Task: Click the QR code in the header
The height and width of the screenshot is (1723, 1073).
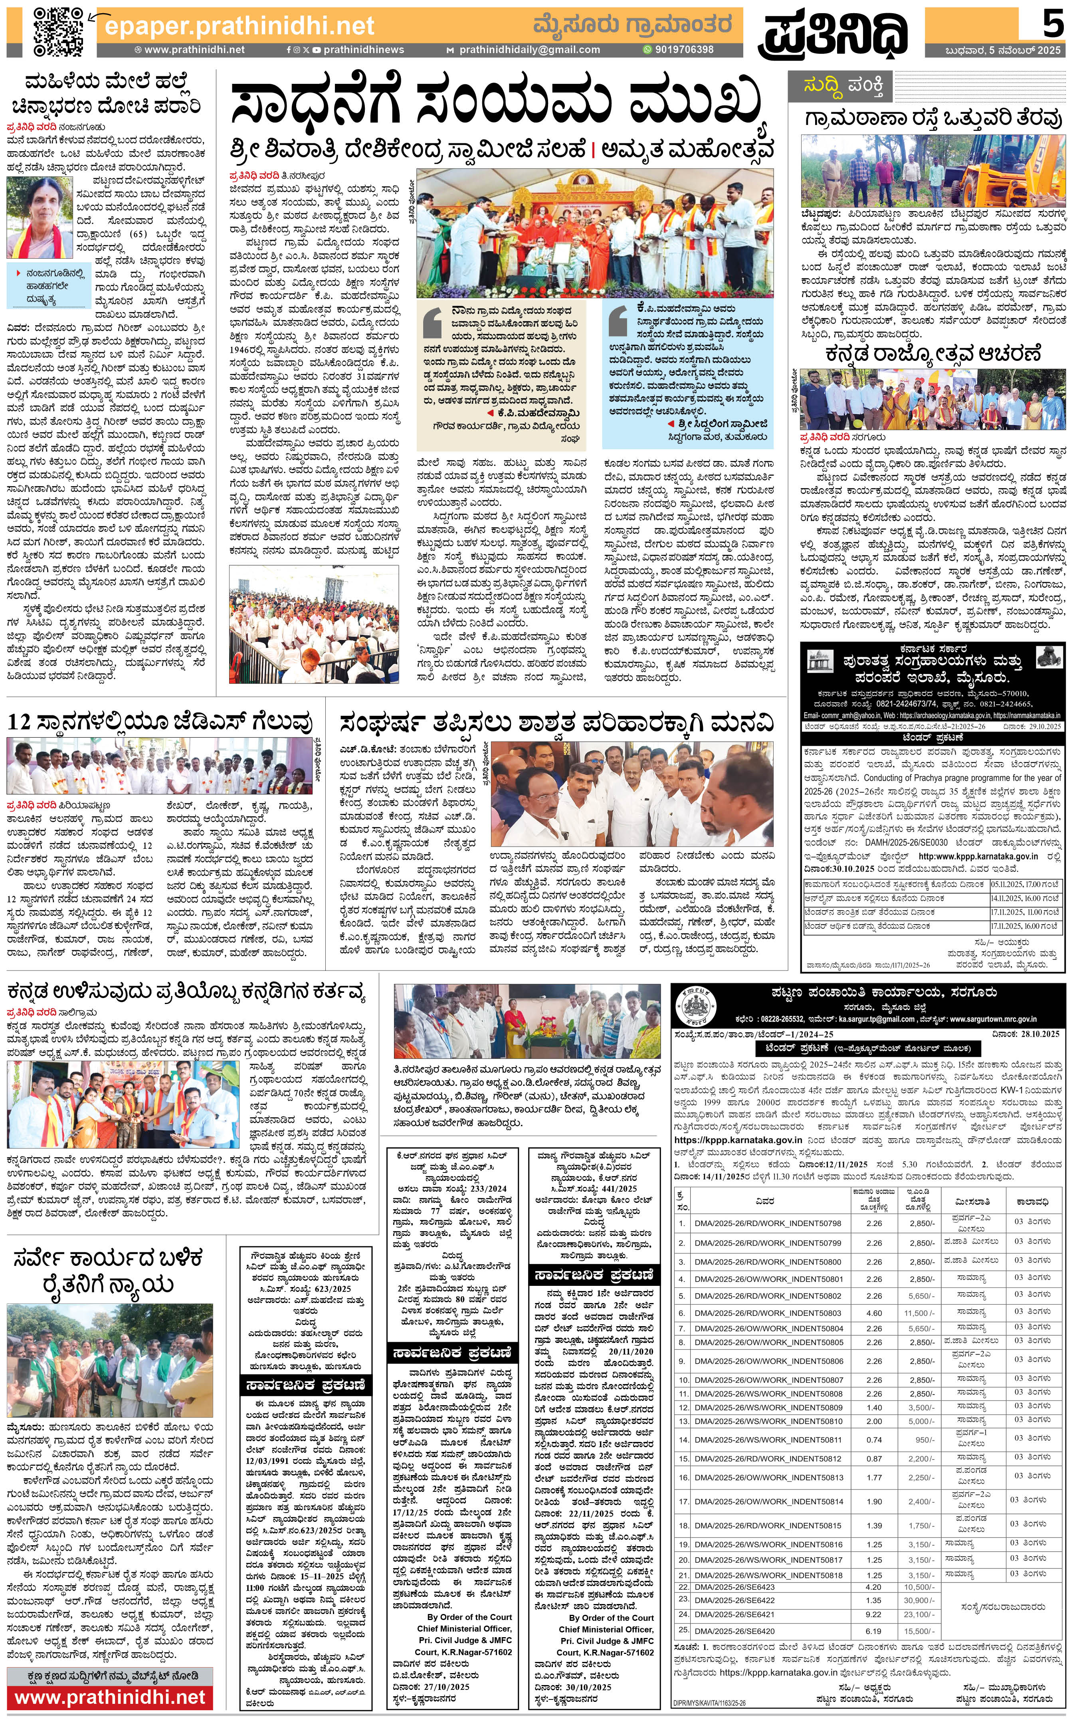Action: [x=58, y=30]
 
